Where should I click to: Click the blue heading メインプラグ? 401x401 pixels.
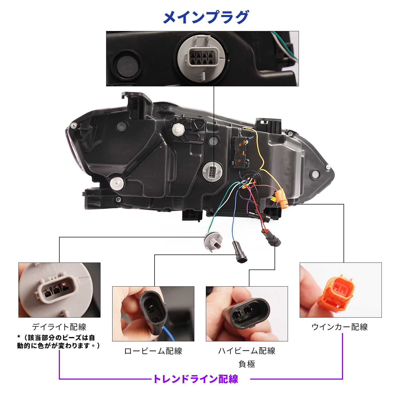(206, 17)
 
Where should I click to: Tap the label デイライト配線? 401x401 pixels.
(59, 327)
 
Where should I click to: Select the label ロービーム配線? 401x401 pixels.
(153, 351)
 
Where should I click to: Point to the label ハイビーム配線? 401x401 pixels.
(246, 351)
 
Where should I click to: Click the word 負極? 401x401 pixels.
(246, 364)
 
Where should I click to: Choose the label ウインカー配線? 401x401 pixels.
(340, 327)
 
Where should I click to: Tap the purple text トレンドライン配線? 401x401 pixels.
(196, 379)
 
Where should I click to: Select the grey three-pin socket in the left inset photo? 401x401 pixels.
(57, 290)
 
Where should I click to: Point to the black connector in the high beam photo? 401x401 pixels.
(247, 313)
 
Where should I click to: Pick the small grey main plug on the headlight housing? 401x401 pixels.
(212, 171)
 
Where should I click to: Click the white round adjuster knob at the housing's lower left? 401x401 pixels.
(117, 183)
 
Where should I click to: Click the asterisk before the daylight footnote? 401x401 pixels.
(19, 337)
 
